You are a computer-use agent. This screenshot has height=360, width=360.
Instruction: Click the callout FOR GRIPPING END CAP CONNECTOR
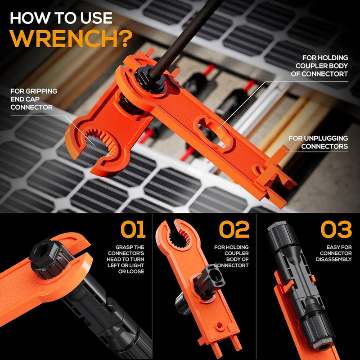click(34, 99)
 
